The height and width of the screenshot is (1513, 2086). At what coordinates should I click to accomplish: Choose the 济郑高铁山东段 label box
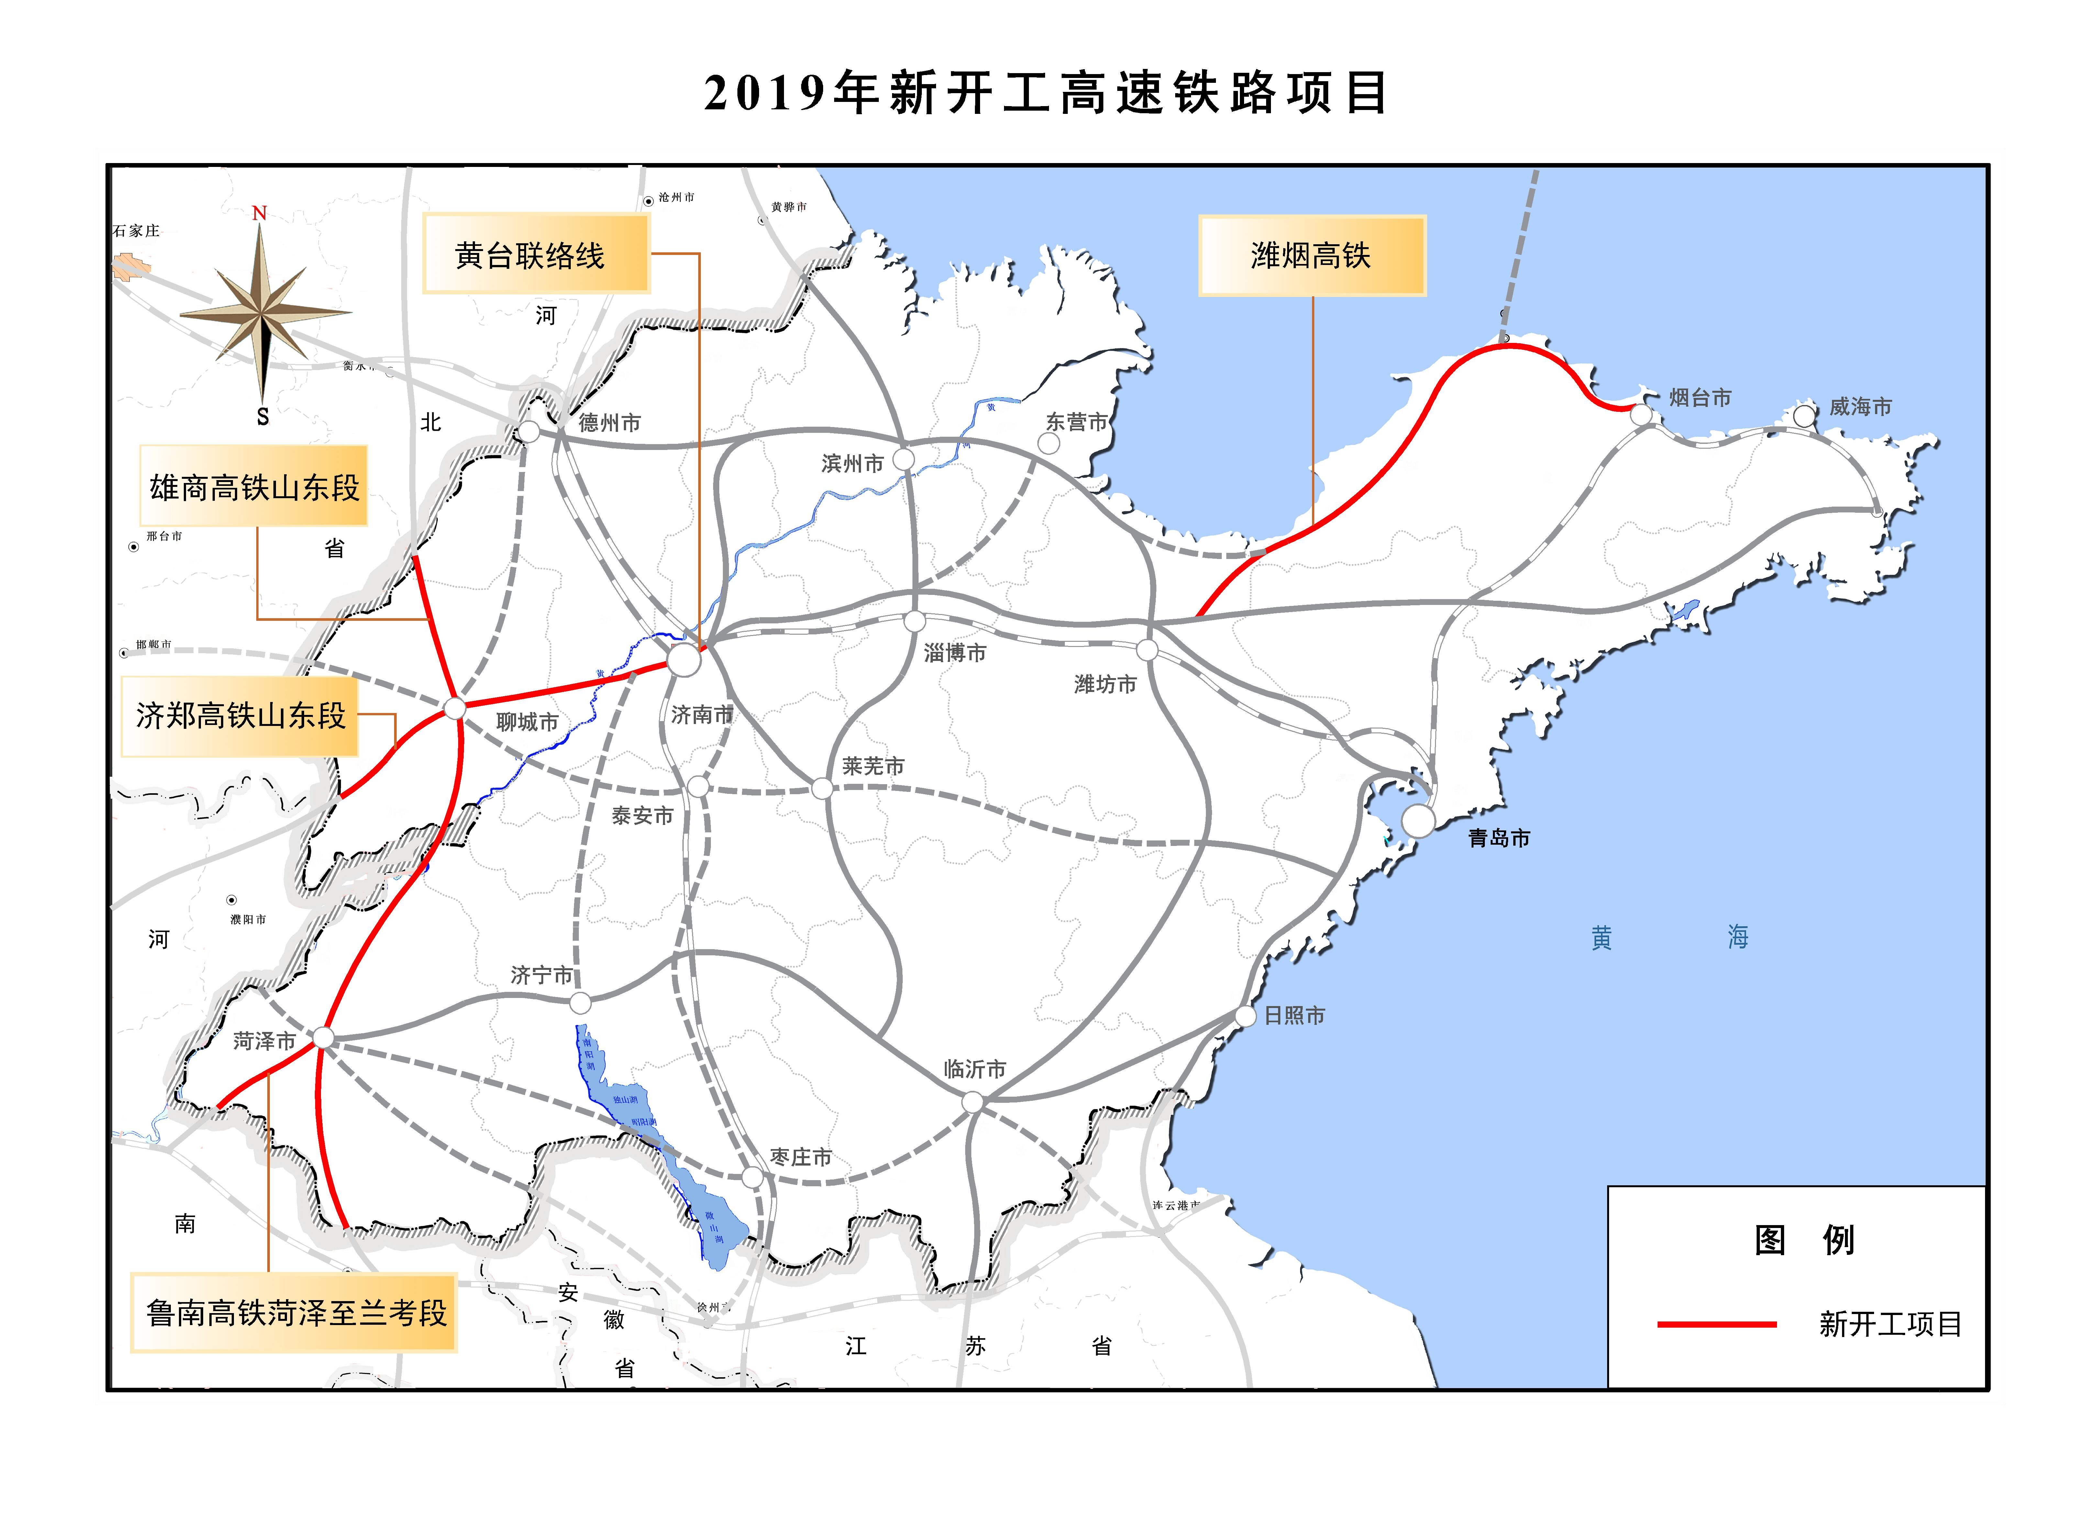(240, 717)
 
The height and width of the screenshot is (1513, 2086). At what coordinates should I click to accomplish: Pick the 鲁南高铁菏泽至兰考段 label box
(294, 1312)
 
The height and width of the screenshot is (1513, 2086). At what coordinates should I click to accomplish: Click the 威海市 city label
(1860, 407)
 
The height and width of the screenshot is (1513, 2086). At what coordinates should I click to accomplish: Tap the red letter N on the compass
(259, 214)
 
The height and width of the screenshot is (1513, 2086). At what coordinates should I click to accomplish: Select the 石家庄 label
(136, 231)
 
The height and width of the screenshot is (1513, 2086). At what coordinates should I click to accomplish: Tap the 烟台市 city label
(1700, 397)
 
